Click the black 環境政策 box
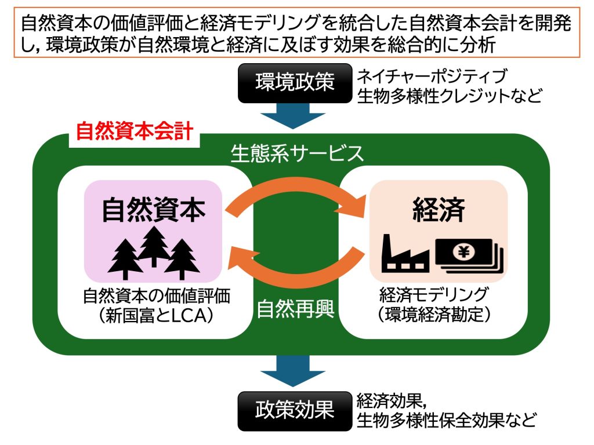pyautogui.click(x=295, y=83)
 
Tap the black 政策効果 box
pyautogui.click(x=295, y=411)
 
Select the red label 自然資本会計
pyautogui.click(x=134, y=131)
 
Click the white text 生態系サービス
pyautogui.click(x=297, y=153)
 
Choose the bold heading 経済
pyautogui.click(x=438, y=210)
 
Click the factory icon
pyautogui.click(x=405, y=253)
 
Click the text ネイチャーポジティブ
pyautogui.click(x=432, y=76)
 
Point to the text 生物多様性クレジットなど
pyautogui.click(x=450, y=94)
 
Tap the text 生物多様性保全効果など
pyautogui.click(x=446, y=420)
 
